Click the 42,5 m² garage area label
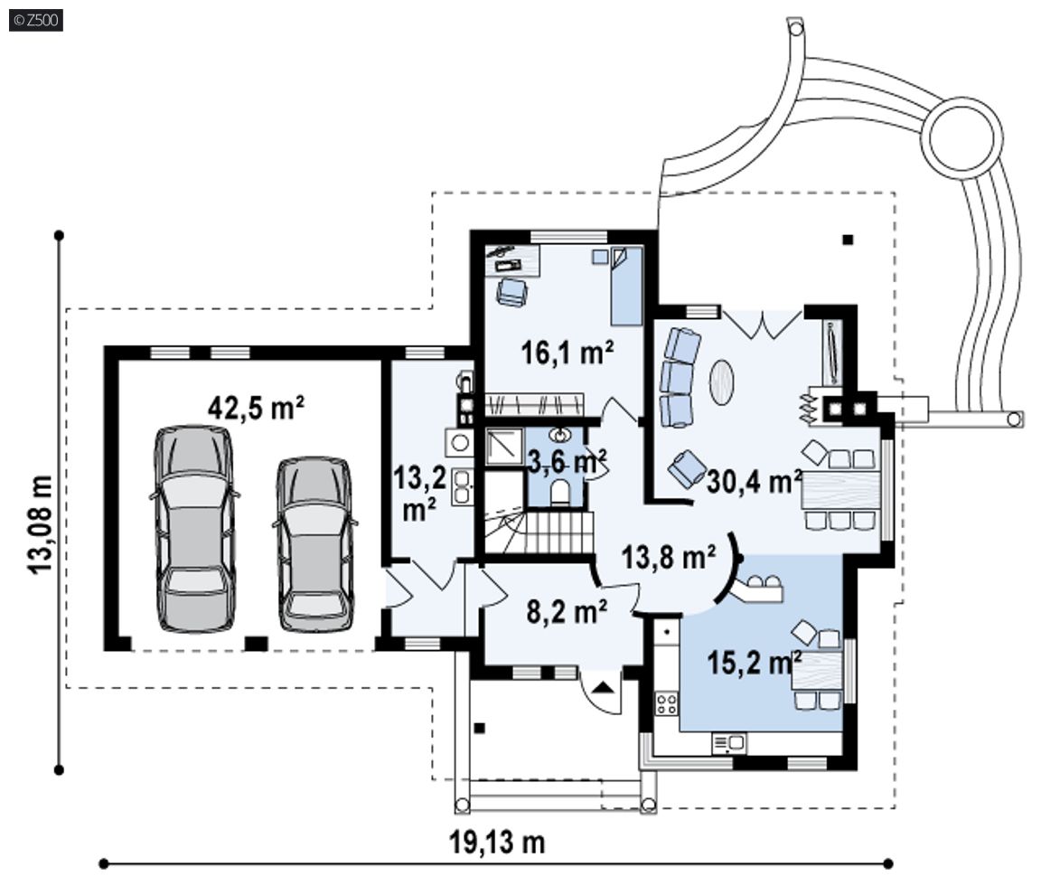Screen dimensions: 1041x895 coord(257,407)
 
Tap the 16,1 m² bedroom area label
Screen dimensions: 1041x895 coord(567,352)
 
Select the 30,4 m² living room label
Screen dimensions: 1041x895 coord(755,481)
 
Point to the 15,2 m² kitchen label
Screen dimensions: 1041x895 coord(755,662)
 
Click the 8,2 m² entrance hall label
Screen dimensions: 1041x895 coord(567,611)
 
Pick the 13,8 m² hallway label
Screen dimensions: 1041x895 coord(669,556)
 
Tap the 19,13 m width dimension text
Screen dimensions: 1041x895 coord(497,843)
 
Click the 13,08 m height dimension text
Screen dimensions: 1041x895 coord(41,523)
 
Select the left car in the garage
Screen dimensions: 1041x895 coord(194,528)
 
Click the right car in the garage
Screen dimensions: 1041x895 coord(314,543)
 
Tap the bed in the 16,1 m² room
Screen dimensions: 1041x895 coord(626,287)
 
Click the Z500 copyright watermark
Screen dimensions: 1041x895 coord(36,20)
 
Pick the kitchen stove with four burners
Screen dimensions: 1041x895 coord(666,703)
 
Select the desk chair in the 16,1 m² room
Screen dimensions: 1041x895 coord(511,291)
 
